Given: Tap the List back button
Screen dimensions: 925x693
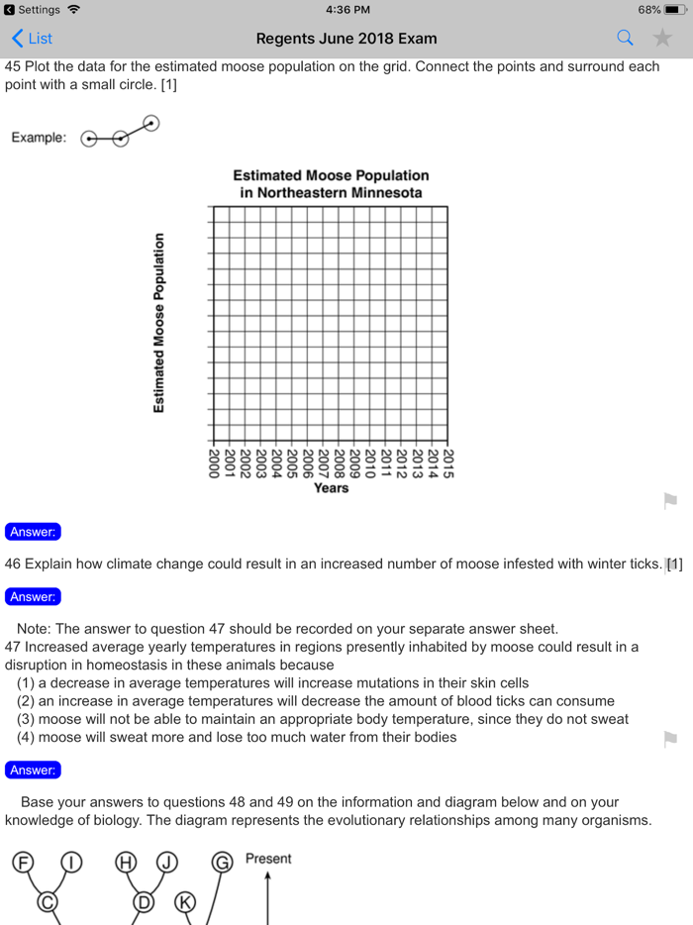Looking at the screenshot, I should [x=32, y=39].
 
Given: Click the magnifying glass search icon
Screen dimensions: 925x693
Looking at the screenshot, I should [x=625, y=39].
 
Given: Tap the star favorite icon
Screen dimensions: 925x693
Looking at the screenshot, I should [x=662, y=39].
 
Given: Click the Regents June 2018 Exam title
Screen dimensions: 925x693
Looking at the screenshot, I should [x=346, y=39].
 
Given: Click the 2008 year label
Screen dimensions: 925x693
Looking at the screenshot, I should [x=339, y=463].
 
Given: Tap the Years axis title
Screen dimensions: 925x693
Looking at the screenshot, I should [x=331, y=488].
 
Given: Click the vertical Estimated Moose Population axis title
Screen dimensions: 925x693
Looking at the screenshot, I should [x=158, y=323].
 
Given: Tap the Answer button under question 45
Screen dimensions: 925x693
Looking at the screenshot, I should [x=33, y=532].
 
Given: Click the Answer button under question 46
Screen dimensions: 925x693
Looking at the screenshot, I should [x=33, y=597].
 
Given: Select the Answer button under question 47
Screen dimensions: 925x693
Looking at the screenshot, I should [x=33, y=770].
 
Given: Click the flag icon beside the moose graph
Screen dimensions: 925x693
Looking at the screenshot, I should [x=670, y=501].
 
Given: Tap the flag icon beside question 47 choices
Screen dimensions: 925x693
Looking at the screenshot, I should [x=670, y=739].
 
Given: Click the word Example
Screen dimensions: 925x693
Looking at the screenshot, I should [x=39, y=138].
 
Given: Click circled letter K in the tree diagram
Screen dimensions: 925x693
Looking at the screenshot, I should [x=185, y=902].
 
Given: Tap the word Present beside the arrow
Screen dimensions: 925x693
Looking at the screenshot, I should [x=268, y=859].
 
